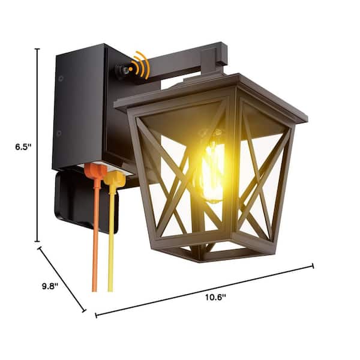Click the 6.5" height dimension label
23,147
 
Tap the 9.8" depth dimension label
50,286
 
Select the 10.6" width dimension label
215,298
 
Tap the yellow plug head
115,179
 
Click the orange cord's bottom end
94,290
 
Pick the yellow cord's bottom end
110,290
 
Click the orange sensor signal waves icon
140,65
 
